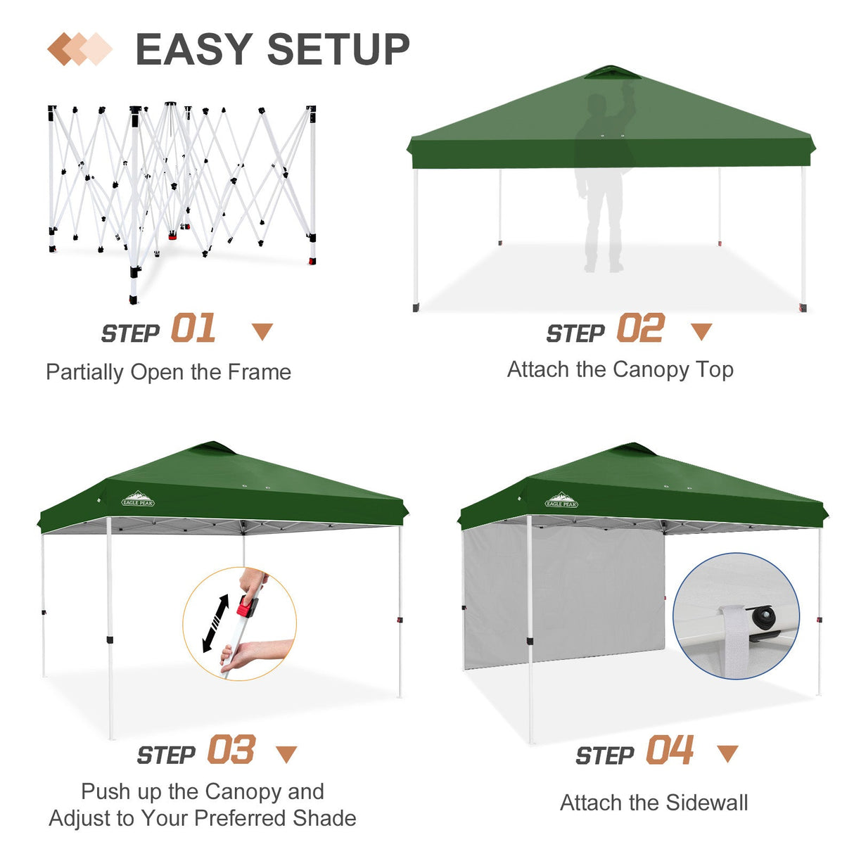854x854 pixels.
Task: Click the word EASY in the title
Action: (193, 49)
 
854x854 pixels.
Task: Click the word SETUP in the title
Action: (338, 49)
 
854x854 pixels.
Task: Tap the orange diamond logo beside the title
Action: (79, 49)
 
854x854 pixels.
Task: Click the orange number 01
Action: (193, 329)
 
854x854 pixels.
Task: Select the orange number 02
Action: (640, 329)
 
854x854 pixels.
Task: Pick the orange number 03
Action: (231, 750)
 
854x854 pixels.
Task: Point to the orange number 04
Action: (670, 750)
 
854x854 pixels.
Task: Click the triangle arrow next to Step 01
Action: (262, 331)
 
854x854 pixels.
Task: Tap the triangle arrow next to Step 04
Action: (727, 753)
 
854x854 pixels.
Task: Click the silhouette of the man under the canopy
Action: (602, 183)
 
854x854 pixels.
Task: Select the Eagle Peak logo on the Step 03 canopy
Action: (138, 499)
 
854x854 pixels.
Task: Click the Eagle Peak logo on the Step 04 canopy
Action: (561, 501)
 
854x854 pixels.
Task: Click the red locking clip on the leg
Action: (246, 606)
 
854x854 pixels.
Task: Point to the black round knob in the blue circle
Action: (763, 618)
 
